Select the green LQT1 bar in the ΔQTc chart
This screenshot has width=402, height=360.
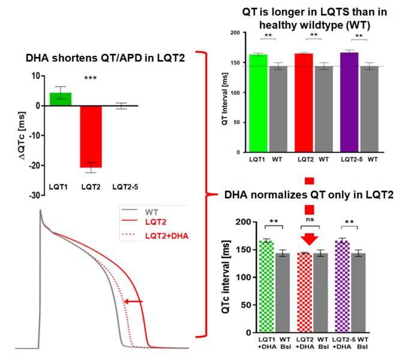[x=61, y=99]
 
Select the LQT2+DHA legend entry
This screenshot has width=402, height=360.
[x=167, y=235]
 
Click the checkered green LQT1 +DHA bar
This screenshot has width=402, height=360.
[x=266, y=287]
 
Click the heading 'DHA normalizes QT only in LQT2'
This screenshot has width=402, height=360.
[x=308, y=195]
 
